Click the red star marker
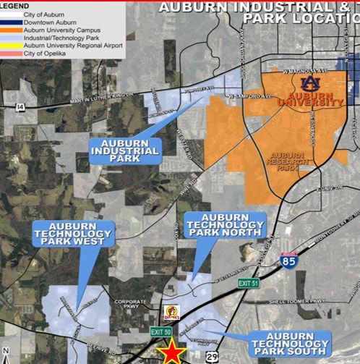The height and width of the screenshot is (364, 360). (172, 352)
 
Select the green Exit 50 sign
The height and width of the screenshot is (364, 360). (161, 331)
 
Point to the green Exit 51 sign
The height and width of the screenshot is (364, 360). (248, 283)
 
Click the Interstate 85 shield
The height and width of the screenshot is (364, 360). (288, 261)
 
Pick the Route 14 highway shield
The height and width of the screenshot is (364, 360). (19, 106)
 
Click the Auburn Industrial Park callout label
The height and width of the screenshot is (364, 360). (126, 150)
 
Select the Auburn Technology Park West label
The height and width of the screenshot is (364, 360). (72, 234)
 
